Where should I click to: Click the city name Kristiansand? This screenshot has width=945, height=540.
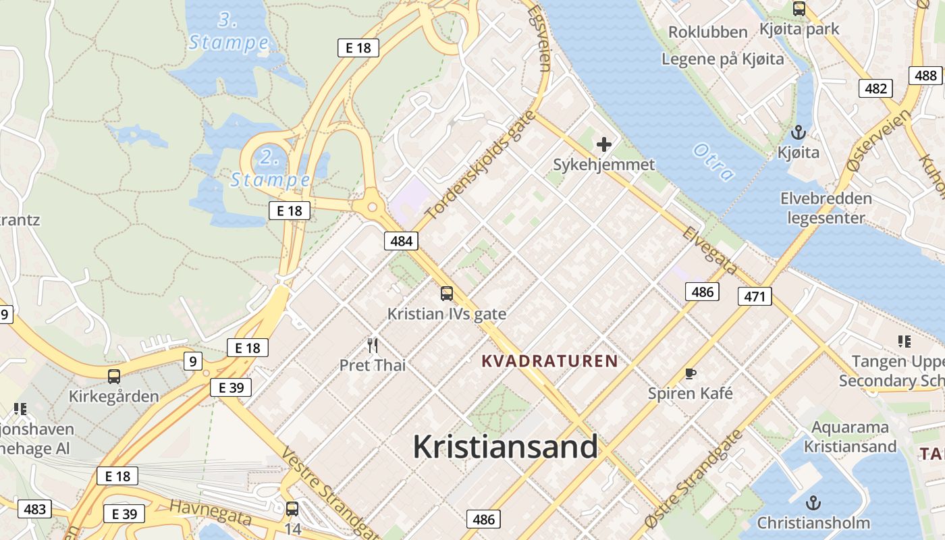[x=505, y=447]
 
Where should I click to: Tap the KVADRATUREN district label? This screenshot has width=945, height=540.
[x=550, y=361]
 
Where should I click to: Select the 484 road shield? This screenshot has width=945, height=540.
[x=401, y=240]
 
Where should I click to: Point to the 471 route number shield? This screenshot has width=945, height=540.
[x=755, y=296]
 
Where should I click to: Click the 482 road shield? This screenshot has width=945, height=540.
[x=875, y=88]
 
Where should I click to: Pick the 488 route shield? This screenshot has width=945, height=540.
[x=925, y=76]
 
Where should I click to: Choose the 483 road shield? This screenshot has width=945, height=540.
[x=34, y=509]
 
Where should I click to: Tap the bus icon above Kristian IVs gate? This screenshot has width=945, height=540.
[x=447, y=294]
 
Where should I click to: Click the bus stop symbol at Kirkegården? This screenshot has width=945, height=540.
[x=114, y=377]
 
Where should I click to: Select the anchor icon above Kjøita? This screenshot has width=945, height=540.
[x=799, y=132]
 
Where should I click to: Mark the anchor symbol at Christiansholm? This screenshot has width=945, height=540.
[x=813, y=503]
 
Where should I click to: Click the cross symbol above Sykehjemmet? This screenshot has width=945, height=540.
[x=603, y=144]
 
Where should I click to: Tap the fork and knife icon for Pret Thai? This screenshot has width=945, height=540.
[x=373, y=346]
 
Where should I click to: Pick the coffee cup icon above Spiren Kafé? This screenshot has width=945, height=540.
[x=691, y=373]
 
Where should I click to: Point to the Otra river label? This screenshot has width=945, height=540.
[x=713, y=162]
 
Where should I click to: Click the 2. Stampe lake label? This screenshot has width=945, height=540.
[x=270, y=169]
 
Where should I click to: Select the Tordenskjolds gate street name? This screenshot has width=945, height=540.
[x=481, y=165]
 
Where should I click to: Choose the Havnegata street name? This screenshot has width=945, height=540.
[x=210, y=512]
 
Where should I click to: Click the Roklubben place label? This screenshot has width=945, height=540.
[x=707, y=32]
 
